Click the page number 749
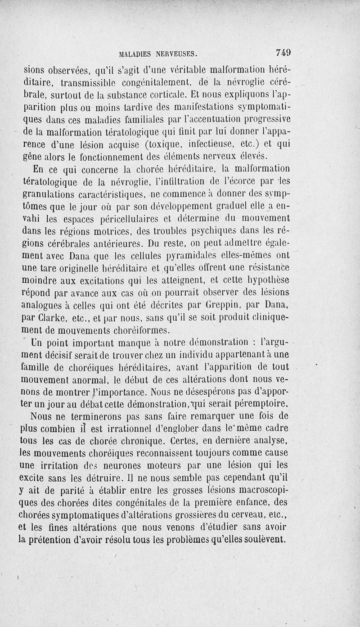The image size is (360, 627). [283, 53]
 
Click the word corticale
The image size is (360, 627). [161, 95]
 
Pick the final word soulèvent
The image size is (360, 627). [263, 539]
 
